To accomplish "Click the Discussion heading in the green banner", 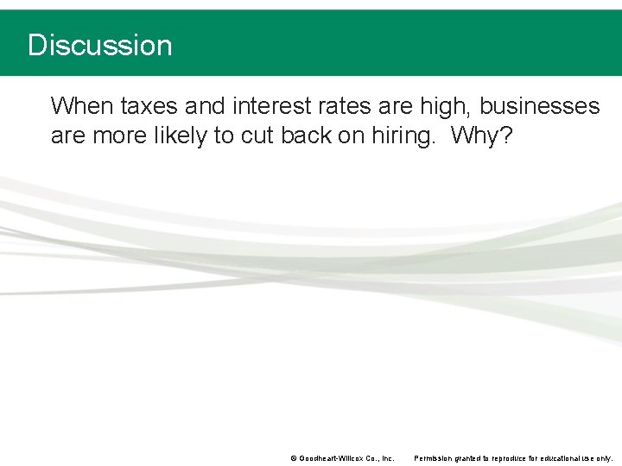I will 99,45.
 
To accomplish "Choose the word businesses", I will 539,106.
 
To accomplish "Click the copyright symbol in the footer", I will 294,458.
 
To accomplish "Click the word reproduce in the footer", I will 505,458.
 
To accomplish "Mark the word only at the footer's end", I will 606,458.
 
